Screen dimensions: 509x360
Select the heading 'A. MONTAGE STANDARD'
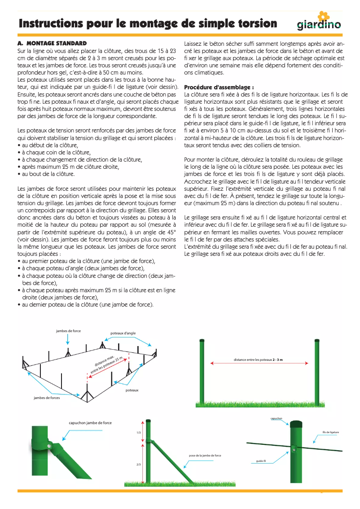(52, 44)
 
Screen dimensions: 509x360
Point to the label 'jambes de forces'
(47, 398)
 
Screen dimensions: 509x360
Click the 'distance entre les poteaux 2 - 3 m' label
(258, 360)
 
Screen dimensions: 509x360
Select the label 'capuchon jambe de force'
(90, 423)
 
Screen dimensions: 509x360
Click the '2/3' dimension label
(138, 464)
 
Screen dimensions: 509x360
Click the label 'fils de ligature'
(330, 432)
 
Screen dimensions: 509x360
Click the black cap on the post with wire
(296, 423)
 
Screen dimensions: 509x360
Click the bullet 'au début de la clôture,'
(48, 145)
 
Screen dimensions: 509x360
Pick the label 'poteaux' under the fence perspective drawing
(132, 390)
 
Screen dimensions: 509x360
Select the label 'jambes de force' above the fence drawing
(68, 331)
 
